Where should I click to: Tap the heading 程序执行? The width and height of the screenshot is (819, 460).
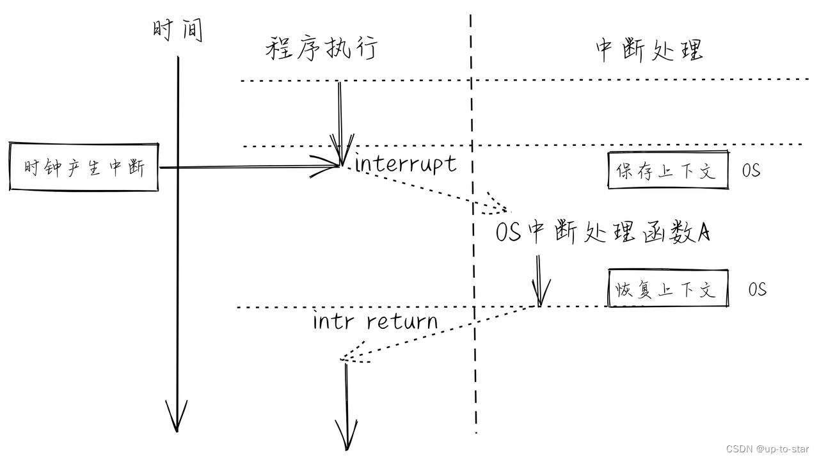point(321,49)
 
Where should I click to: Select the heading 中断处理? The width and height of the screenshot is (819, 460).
point(649,50)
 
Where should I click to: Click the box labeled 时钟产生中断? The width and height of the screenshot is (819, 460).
point(84,168)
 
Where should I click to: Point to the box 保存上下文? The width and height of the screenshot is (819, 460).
point(667,170)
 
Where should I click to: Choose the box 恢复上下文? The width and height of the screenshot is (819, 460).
point(667,289)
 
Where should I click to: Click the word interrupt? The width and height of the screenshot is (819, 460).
point(406,164)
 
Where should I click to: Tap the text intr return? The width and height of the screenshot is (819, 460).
point(376,320)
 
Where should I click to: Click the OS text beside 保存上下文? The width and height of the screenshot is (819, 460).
point(751,171)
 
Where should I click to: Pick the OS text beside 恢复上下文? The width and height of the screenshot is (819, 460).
point(758,289)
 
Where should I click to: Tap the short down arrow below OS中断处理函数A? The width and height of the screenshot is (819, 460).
point(539,282)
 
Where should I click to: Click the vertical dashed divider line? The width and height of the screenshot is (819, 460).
point(473,256)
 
